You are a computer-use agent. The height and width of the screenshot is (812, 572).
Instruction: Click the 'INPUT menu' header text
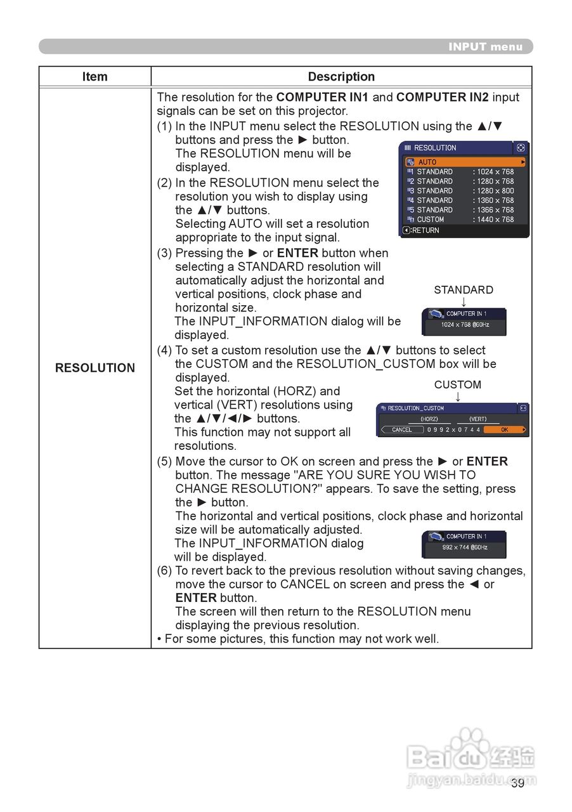coord(485,47)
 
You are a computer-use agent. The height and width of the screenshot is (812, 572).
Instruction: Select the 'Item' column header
coord(94,77)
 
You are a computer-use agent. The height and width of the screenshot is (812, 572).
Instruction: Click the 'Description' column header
coord(341,77)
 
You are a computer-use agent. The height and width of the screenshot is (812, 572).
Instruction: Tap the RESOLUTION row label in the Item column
coord(95,368)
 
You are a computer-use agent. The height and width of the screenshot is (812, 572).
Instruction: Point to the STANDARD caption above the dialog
coord(464,290)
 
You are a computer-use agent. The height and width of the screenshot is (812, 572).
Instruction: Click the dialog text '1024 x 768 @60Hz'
coord(465,325)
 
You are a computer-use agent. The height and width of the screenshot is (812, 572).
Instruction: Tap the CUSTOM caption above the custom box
coord(458,384)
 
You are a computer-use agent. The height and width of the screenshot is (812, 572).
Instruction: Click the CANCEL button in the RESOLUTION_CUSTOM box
coord(402,429)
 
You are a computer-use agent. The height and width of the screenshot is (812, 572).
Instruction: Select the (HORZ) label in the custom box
coord(429,419)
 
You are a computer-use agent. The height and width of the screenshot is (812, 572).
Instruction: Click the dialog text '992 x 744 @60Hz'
coord(465,547)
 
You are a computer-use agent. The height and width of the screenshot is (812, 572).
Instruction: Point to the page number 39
coord(517,783)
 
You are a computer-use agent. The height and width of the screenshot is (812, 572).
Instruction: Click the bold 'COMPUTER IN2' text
coord(443,98)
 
